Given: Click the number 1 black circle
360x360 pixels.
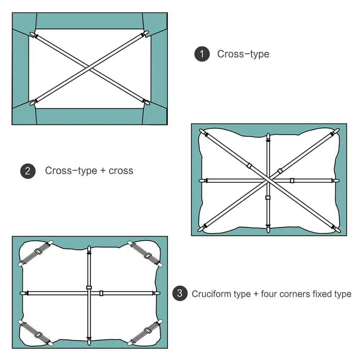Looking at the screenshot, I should point(202,54).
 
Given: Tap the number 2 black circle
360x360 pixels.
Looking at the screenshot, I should point(28,171).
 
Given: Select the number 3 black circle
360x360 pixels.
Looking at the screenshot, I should point(180,294).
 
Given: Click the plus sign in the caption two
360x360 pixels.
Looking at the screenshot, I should point(103,171).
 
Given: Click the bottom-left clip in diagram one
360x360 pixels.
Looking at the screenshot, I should point(33,102).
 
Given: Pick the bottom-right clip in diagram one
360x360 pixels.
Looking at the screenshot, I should point(146,102).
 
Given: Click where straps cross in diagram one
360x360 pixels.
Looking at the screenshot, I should point(90,68).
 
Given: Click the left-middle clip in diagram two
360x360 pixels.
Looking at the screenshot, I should point(202,180).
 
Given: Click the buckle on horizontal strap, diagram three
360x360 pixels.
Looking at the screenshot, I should point(102,293).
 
